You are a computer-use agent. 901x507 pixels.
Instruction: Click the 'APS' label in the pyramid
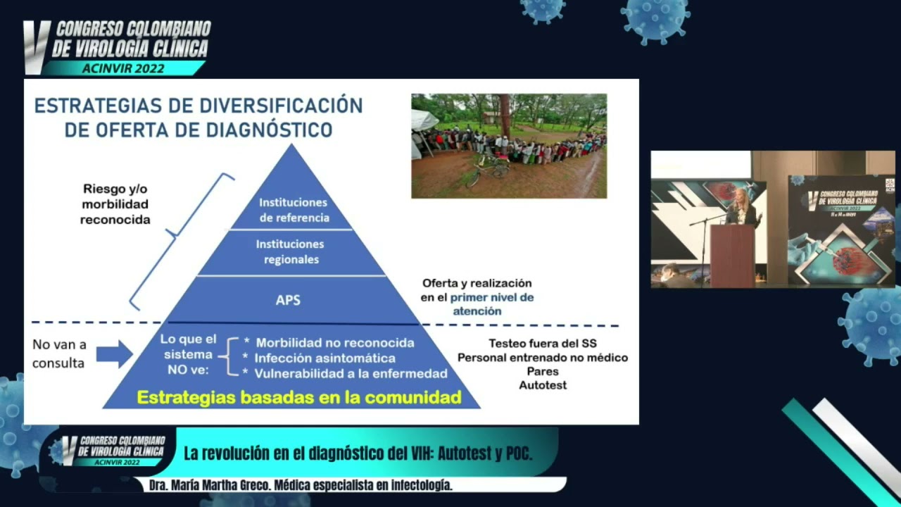click(x=288, y=300)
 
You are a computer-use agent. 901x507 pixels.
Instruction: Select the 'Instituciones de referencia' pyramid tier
click(x=294, y=210)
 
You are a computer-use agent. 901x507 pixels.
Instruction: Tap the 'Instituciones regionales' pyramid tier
click(x=290, y=251)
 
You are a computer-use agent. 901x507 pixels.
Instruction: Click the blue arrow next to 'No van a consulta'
click(x=114, y=353)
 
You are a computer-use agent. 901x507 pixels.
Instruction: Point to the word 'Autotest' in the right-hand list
click(x=543, y=385)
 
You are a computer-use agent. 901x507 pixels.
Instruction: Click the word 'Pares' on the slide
click(x=542, y=371)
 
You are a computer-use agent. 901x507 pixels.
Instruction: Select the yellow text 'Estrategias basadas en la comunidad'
click(x=299, y=397)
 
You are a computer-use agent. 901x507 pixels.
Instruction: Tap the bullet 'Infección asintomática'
click(x=325, y=358)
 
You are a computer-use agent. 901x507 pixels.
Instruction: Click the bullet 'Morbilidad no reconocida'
click(x=334, y=343)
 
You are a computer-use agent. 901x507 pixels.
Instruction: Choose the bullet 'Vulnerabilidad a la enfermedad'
click(x=351, y=373)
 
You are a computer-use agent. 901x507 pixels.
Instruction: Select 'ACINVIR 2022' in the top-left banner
click(x=123, y=68)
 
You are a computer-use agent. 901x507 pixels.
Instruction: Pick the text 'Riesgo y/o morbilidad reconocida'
click(x=115, y=204)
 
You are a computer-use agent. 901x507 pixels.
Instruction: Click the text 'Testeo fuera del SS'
click(x=542, y=344)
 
